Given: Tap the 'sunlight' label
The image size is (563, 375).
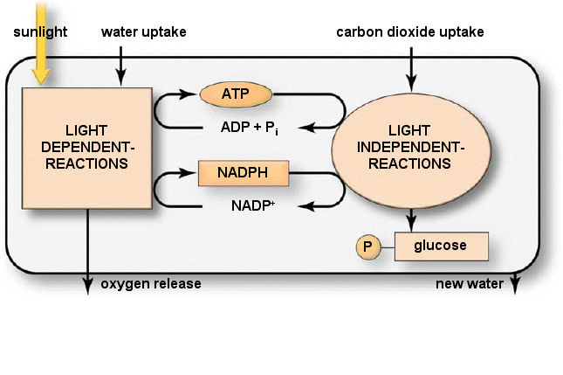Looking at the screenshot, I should coord(40,32).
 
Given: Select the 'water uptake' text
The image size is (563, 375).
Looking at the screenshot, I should coord(143,32).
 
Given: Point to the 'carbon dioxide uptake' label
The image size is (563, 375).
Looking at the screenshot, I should coord(410,32).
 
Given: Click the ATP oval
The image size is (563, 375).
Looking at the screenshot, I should coord(237,93).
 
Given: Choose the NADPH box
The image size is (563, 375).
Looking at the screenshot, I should coord(244,174).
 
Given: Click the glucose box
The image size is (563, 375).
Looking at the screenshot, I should coord(441,247).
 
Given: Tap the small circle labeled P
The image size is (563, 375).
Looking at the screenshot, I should coord(367,247).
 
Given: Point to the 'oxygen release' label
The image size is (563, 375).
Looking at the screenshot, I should coord(151,284).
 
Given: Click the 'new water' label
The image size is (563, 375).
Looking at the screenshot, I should coord(470,284).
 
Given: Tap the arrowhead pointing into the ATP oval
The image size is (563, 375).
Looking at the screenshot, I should coord(195,93).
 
